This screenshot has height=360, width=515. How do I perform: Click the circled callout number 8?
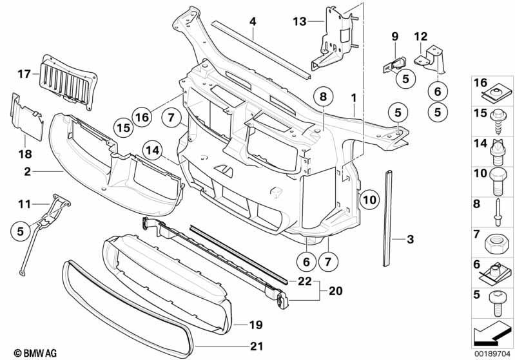coord(323,97)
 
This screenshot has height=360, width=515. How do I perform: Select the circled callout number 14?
coord(153,151)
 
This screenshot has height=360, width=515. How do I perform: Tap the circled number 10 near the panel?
coord(369,200)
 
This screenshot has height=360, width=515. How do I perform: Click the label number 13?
coord(300,22)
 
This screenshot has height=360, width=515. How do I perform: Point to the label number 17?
coord(24,74)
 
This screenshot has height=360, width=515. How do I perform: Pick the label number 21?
coord(257,346)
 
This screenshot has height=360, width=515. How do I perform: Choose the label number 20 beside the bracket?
coord(335,290)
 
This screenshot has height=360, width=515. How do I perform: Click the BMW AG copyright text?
coord(35,353)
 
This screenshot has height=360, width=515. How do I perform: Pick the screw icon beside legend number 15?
coord(498,122)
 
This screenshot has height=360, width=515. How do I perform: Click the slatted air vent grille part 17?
coord(67,81)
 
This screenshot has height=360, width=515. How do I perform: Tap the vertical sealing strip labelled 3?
coord(388,218)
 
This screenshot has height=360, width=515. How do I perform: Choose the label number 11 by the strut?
coord(24,204)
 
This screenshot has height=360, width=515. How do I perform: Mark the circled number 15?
coord(124,128)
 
